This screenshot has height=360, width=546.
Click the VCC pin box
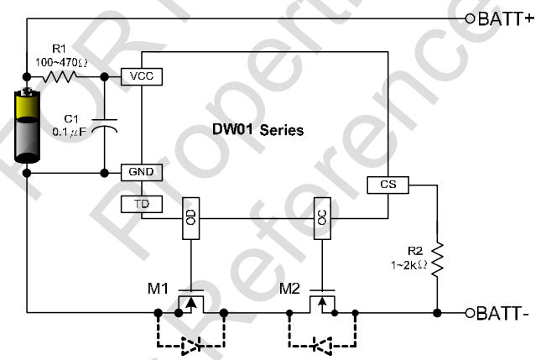click(x=141, y=76)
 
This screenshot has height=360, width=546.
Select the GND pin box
click(x=141, y=172)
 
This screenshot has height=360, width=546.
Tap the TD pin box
click(x=141, y=204)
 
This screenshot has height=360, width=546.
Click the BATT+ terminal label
click(x=507, y=18)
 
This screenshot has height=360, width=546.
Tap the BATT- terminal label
click(x=504, y=314)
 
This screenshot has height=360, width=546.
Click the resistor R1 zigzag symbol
click(x=61, y=76)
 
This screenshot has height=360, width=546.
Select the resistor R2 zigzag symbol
click(x=437, y=257)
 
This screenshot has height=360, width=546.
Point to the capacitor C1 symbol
click(x=104, y=128)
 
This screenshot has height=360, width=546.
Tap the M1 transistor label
click(x=158, y=290)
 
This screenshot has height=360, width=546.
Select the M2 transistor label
click(x=290, y=290)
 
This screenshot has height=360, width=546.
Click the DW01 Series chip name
click(x=258, y=131)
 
